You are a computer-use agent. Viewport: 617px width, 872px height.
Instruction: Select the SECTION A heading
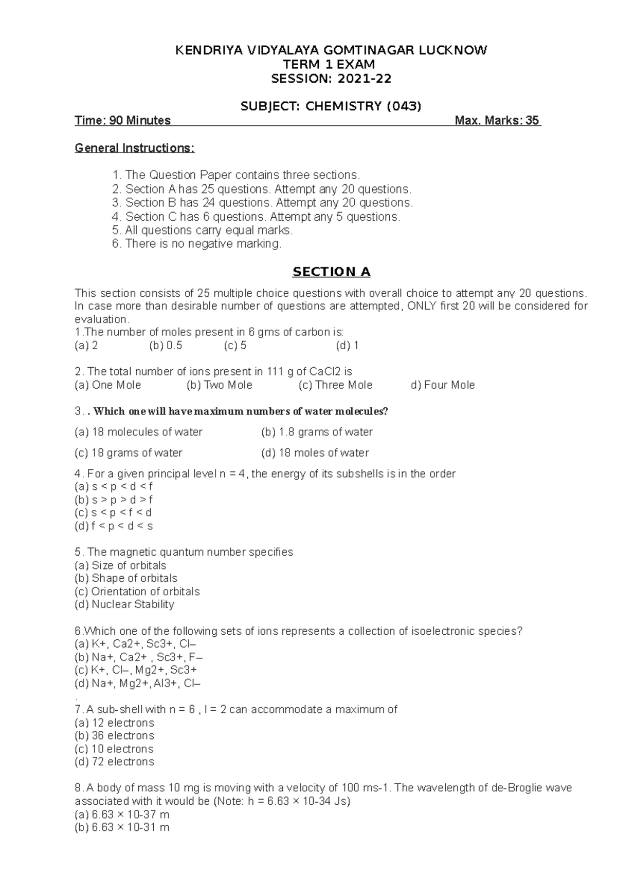coord(331,272)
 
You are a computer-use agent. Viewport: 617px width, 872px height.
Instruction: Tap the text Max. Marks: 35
coord(497,121)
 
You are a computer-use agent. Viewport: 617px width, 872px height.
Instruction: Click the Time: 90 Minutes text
coord(122,121)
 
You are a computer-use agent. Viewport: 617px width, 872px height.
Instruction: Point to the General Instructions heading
coord(135,148)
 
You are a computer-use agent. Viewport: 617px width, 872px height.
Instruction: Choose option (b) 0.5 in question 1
coord(166,346)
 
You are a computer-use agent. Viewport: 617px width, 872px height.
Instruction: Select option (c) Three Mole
coord(335,385)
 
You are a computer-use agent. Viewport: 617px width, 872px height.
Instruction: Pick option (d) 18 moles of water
coord(315,453)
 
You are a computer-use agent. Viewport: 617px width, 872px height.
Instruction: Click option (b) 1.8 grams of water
coord(317,432)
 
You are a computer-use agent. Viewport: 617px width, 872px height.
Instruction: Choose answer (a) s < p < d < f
coord(114,486)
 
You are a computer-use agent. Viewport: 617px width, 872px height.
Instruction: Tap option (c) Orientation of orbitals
coord(137,592)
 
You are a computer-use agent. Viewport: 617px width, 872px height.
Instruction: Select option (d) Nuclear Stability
coord(124,604)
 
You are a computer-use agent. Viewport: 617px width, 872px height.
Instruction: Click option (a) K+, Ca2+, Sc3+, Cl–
coord(136,644)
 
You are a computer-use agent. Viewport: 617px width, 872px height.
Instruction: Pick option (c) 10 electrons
coord(114,749)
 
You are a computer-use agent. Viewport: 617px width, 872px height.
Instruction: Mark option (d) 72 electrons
coord(114,762)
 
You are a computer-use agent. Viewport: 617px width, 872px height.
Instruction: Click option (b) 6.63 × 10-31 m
coord(122,827)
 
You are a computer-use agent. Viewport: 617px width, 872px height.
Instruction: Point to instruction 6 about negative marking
coord(197,244)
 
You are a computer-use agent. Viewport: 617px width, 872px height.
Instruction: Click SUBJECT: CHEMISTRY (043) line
coord(331,106)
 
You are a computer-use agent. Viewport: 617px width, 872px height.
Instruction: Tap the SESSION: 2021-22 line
coord(331,79)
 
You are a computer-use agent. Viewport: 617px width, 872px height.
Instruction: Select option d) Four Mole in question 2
coord(443,385)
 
